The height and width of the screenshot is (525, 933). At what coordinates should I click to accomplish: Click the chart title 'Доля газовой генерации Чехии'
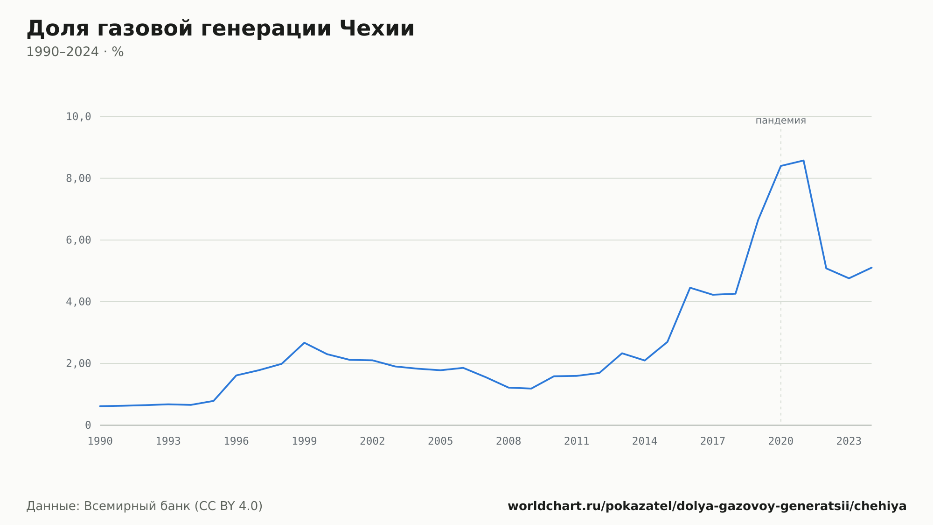pyautogui.click(x=220, y=29)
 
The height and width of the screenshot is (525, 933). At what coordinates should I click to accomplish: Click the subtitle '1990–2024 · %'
pyautogui.click(x=75, y=52)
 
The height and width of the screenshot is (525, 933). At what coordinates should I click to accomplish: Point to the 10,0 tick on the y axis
pyautogui.click(x=78, y=117)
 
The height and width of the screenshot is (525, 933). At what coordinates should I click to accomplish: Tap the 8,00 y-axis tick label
pyautogui.click(x=78, y=178)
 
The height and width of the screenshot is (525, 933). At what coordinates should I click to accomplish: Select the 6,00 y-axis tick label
pyautogui.click(x=78, y=240)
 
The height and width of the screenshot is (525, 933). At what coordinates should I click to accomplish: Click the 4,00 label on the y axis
pyautogui.click(x=78, y=302)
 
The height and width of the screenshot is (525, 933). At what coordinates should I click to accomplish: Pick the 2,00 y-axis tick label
pyautogui.click(x=78, y=363)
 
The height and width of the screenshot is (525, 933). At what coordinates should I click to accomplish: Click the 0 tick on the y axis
pyautogui.click(x=88, y=425)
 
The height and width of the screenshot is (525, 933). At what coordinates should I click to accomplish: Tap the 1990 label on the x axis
pyautogui.click(x=100, y=441)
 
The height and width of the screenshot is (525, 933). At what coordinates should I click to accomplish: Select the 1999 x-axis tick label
pyautogui.click(x=304, y=441)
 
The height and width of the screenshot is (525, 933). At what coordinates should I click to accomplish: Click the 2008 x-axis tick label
pyautogui.click(x=508, y=441)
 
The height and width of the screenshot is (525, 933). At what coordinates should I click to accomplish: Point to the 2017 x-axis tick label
pyautogui.click(x=713, y=441)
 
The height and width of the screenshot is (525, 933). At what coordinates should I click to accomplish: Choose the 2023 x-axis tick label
pyautogui.click(x=849, y=441)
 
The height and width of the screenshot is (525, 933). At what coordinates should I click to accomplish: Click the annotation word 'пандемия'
pyautogui.click(x=780, y=121)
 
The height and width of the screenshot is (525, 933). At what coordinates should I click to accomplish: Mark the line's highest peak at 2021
pyautogui.click(x=803, y=161)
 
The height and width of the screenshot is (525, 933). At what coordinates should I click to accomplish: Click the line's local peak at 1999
pyautogui.click(x=304, y=343)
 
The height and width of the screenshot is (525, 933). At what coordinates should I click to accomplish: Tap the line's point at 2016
pyautogui.click(x=690, y=288)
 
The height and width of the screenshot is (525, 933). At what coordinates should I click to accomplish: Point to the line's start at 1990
pyautogui.click(x=100, y=406)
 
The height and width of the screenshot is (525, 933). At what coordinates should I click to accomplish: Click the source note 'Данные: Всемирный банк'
pyautogui.click(x=109, y=506)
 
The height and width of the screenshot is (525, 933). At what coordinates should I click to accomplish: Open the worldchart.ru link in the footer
pyautogui.click(x=707, y=506)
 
